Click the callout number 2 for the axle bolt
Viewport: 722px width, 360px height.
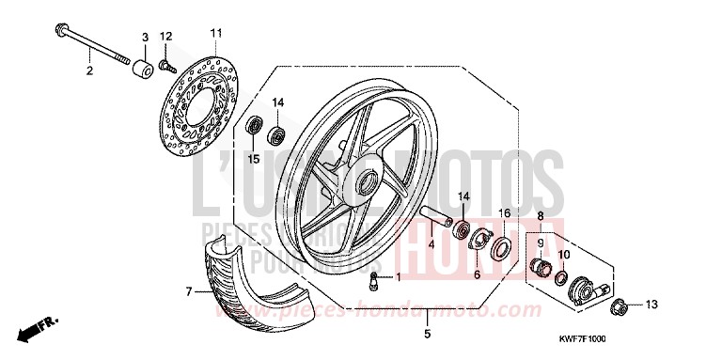89,70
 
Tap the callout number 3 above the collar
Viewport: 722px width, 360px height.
145,37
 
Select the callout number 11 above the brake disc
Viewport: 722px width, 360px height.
215,33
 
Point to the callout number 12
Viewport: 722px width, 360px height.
166,37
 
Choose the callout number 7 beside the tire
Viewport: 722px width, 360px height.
188,292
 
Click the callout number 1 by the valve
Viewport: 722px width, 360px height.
397,277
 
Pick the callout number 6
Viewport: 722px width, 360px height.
476,275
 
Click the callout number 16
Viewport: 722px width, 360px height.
504,214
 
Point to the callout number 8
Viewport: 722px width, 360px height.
541,216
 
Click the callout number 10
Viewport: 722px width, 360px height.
564,254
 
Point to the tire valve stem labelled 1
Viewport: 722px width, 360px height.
373,278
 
